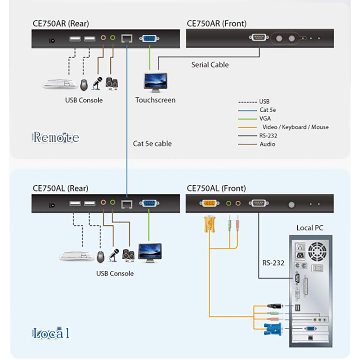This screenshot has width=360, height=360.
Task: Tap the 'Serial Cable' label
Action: coord(210,65)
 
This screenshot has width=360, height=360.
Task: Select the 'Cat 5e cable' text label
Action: coord(152,144)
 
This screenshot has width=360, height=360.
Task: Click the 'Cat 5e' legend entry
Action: coord(267,110)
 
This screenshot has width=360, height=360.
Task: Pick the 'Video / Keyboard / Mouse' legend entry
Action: coord(295,127)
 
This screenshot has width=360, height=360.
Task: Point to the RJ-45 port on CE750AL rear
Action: coord(126,204)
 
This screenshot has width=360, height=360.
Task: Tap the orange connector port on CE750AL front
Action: coord(209,203)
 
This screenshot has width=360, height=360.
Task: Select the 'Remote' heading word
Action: coord(56,137)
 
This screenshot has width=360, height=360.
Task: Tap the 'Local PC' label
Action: coord(310,228)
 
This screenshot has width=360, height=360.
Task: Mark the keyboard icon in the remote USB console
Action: coord(60,84)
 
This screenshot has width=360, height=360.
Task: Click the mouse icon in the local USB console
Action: coord(100,256)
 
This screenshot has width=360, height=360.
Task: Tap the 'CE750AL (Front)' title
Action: coord(216,188)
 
